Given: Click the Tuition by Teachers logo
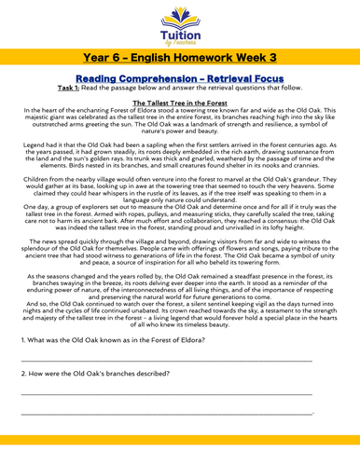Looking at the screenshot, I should [x=180, y=25].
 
